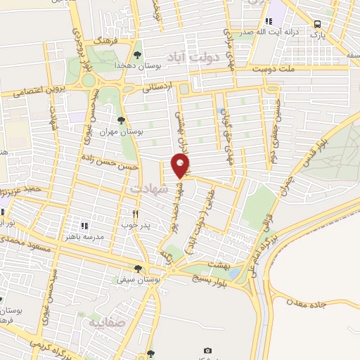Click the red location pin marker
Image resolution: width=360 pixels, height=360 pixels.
[181, 165]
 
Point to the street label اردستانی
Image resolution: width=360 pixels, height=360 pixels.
[156, 89]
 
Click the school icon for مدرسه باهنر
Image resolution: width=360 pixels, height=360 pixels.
[84, 226]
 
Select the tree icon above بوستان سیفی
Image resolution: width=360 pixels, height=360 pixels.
[139, 268]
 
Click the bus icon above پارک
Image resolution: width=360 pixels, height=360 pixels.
[316, 23]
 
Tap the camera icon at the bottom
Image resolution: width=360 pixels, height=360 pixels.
[207, 351]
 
